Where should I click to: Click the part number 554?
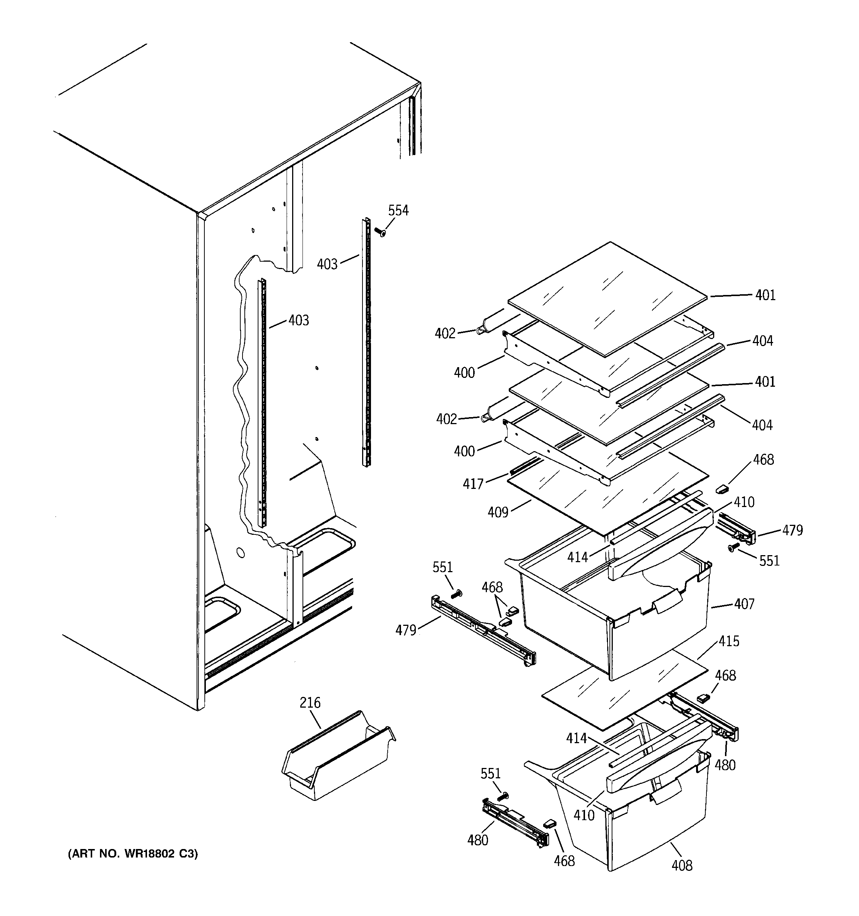pyautogui.click(x=398, y=211)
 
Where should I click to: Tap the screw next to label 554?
pyautogui.click(x=380, y=232)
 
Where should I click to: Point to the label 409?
pyautogui.click(x=498, y=512)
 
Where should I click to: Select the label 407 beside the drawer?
pyautogui.click(x=744, y=604)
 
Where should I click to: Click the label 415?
pyautogui.click(x=729, y=641)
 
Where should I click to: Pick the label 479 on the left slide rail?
pyautogui.click(x=406, y=630)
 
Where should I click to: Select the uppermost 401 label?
pyautogui.click(x=765, y=295)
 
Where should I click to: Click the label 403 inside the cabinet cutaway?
pyautogui.click(x=299, y=320)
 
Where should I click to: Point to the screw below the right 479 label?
pyautogui.click(x=732, y=547)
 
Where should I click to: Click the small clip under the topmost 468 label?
pyautogui.click(x=722, y=489)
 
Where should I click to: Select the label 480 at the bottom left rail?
pyautogui.click(x=478, y=840)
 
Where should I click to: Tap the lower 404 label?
pyautogui.click(x=762, y=425)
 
